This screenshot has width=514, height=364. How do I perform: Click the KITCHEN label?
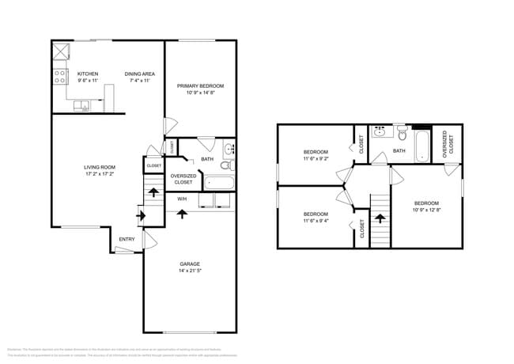[87, 74]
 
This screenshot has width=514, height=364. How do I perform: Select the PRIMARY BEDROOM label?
[200, 85]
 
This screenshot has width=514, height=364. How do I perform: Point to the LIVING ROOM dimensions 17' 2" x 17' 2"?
[100, 173]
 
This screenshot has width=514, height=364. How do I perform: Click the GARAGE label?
[189, 264]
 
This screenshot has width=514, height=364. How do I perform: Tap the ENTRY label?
[127, 239]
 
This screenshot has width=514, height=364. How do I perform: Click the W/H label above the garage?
[182, 199]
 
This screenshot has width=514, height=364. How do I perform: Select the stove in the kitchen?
[59, 77]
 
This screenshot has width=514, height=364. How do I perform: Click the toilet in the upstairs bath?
[402, 132]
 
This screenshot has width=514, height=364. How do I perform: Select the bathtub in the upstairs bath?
[422, 146]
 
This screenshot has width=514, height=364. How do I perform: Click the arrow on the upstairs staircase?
[381, 218]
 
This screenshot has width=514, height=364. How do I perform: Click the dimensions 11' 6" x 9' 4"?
[316, 220]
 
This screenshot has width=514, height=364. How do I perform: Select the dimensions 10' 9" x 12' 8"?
[426, 210]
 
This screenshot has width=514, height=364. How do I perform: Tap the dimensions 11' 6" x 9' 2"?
[316, 158]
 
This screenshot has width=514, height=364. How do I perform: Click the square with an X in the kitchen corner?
[60, 51]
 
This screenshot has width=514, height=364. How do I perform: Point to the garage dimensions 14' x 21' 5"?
[189, 271]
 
